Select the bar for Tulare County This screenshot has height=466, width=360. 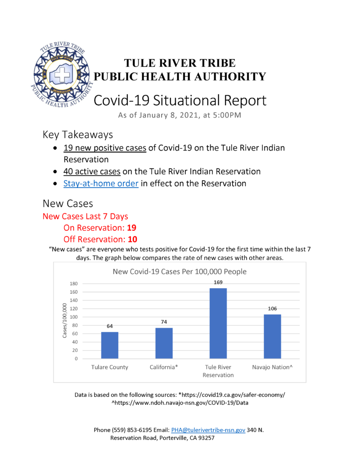[109, 345]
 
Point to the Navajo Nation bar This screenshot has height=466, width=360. [272, 336]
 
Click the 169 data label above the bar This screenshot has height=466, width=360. [218, 283]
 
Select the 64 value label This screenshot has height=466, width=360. [109, 326]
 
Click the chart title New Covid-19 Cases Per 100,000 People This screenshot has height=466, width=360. [180, 272]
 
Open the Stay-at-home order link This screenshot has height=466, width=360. [101, 184]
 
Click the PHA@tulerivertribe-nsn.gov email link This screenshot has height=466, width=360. [208, 430]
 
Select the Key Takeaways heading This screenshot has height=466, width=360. [77, 135]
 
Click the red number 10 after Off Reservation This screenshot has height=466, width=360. [132, 239]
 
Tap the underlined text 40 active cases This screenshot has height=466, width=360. [92, 172]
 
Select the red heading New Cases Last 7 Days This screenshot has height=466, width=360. [85, 216]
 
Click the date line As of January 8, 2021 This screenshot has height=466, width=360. [179, 116]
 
